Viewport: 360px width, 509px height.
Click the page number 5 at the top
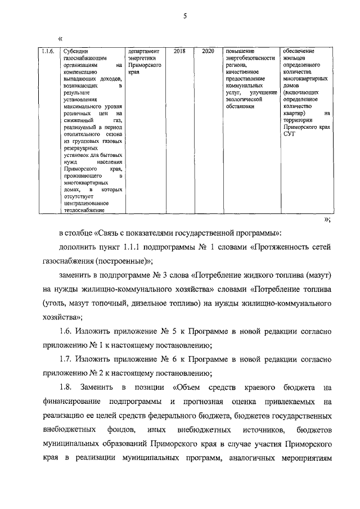click(x=184, y=16)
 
